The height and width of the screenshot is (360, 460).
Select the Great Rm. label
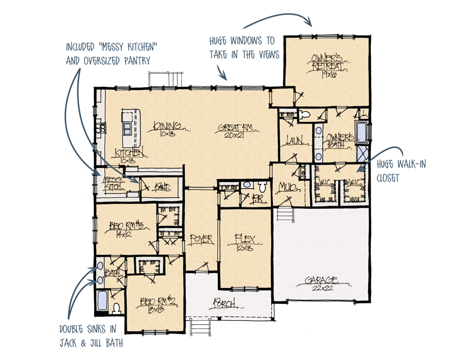pyautogui.click(x=234, y=128)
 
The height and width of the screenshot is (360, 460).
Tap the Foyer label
pyautogui.click(x=200, y=239)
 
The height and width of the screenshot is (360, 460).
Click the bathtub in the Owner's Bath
pyautogui.click(x=362, y=132)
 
